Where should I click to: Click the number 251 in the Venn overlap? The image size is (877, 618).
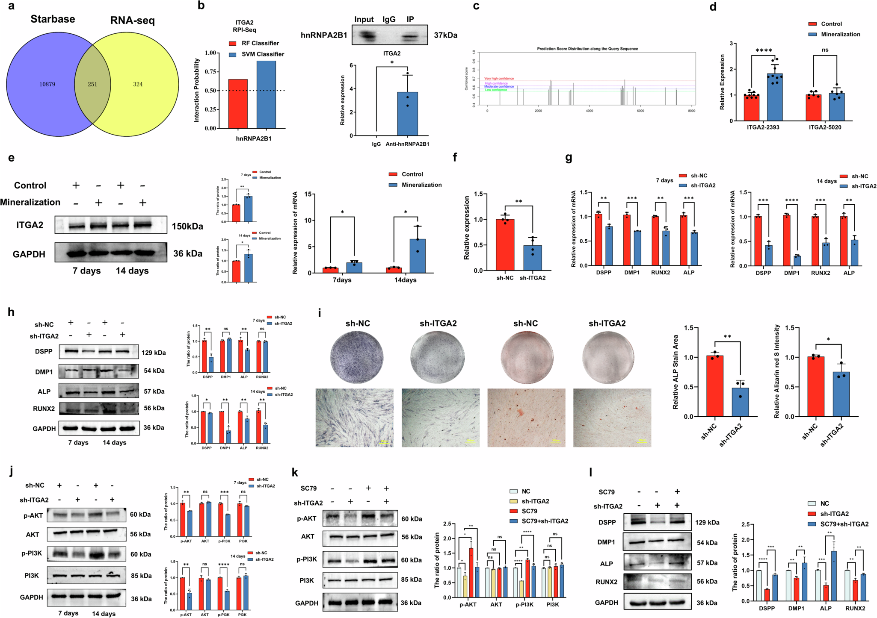click(92, 84)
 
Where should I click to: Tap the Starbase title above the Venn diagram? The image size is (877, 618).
click(53, 19)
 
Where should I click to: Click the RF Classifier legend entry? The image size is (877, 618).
click(254, 43)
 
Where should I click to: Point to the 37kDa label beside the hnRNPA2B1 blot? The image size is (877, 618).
click(445, 35)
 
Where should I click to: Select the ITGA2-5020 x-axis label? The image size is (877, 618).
click(825, 127)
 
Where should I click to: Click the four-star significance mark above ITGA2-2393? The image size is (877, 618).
click(764, 51)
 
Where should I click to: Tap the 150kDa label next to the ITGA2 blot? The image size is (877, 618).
click(187, 226)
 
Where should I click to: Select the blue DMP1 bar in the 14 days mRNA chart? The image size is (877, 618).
click(797, 261)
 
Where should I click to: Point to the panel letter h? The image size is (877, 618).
click(11, 312)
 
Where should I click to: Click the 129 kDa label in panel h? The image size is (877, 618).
click(154, 353)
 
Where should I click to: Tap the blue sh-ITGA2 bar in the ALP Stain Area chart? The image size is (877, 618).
click(740, 402)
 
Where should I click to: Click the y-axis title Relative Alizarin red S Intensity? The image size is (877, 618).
click(777, 371)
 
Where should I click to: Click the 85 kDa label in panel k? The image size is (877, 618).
click(412, 580)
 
